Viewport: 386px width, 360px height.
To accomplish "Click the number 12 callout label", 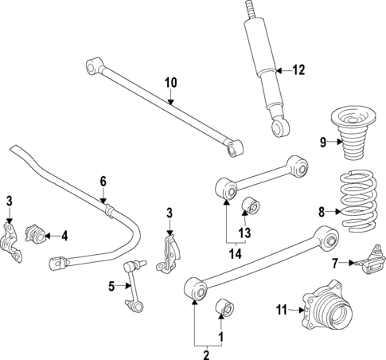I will click(298, 70).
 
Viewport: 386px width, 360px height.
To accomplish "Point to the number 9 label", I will click(323, 143).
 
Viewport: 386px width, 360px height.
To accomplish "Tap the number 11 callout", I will click(280, 309).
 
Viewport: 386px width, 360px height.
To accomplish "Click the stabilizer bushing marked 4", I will click(35, 233).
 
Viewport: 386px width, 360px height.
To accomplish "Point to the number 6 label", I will click(102, 182).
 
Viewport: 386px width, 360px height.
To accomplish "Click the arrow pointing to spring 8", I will click(334, 212).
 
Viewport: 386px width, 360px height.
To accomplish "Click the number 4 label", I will click(65, 235).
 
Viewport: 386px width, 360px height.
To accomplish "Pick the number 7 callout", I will click(335, 262).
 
